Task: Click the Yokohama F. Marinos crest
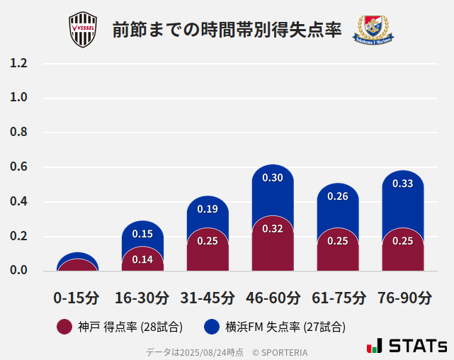[373, 29]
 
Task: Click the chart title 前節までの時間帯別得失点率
[227, 30]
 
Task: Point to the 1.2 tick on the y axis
[18, 64]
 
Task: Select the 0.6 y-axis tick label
[18, 167]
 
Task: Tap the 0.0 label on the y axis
[18, 271]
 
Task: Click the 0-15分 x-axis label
[76, 297]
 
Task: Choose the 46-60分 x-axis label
[272, 297]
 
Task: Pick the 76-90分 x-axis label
[403, 297]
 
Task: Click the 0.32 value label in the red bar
[273, 229]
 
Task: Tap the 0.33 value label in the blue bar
[403, 184]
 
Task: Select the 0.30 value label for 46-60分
[273, 178]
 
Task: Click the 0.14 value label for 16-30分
[142, 260]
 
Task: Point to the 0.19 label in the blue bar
[208, 209]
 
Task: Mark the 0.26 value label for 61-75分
[338, 196]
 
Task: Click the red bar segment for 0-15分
[77, 266]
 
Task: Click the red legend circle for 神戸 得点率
[64, 327]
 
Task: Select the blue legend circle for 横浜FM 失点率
[212, 327]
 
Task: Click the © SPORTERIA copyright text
[280, 352]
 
